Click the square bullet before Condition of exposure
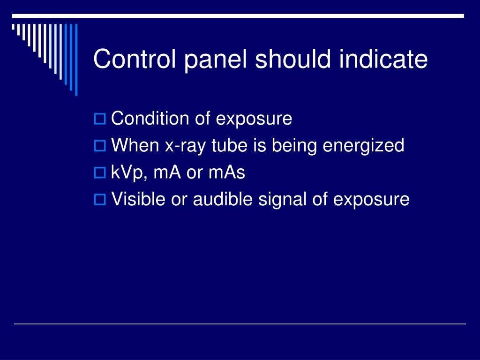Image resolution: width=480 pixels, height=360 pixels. (x=100, y=119)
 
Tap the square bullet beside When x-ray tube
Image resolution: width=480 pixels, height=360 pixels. (x=100, y=146)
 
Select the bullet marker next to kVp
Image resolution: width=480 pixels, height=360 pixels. (x=100, y=173)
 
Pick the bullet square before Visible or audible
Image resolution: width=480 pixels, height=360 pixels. (x=100, y=200)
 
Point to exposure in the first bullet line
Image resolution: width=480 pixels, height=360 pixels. (x=254, y=120)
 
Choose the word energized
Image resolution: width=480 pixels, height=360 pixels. (x=363, y=147)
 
